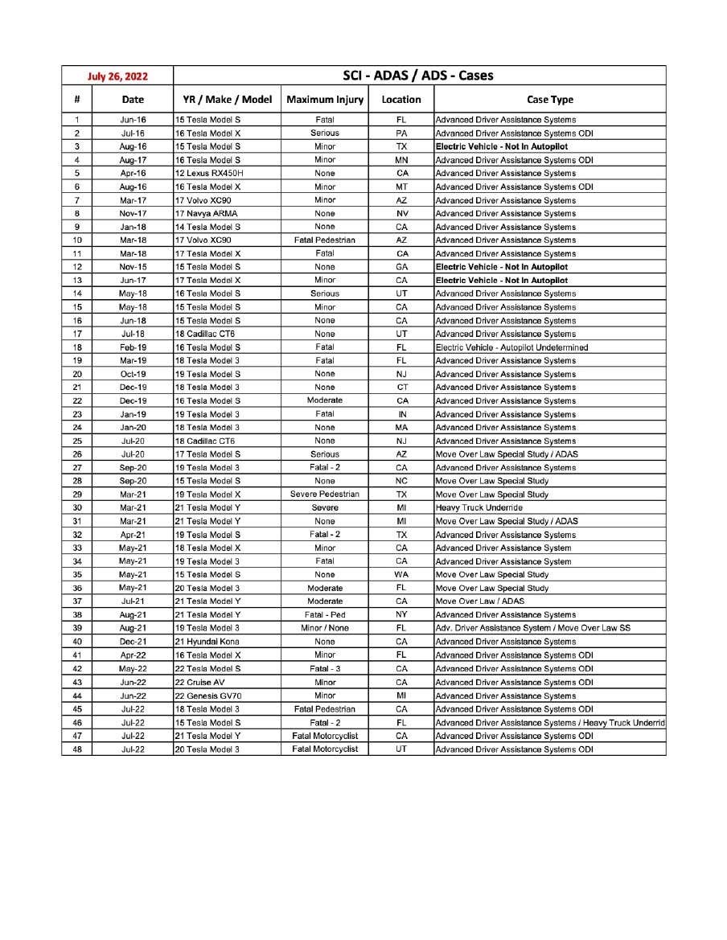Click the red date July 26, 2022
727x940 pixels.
coord(117,76)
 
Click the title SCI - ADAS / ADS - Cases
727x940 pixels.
coord(418,76)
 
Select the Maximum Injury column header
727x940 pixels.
coord(325,100)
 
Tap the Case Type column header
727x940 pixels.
coord(549,100)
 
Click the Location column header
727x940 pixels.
coord(401,100)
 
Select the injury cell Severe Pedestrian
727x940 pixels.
coord(325,495)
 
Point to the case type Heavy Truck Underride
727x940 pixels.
coord(479,508)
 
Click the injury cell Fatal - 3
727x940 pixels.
coord(325,669)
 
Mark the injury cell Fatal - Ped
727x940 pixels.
coord(325,615)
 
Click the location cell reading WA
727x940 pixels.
coord(401,575)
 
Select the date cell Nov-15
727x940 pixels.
coord(133,267)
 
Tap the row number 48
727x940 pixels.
coord(77,749)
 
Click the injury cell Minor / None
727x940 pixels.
coord(325,628)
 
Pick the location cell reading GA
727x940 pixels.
coord(401,267)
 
